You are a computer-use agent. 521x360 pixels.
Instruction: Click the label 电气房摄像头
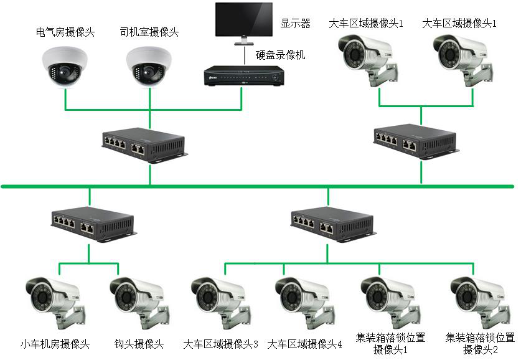pyautogui.click(x=65, y=32)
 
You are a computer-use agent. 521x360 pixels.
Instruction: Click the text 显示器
pyautogui.click(x=295, y=24)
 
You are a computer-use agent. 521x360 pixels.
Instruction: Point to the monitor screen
pyautogui.click(x=243, y=21)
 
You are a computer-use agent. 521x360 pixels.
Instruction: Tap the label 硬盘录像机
pyautogui.click(x=281, y=55)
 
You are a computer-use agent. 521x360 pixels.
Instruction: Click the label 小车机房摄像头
pyautogui.click(x=55, y=344)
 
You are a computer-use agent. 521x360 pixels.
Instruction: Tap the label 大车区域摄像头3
pyautogui.click(x=221, y=344)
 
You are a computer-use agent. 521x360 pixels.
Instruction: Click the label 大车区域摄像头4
pyautogui.click(x=305, y=344)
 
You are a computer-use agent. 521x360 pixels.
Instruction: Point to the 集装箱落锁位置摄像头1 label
pyautogui.click(x=390, y=343)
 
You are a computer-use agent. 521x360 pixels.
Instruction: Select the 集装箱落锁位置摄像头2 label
pyautogui.click(x=480, y=343)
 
